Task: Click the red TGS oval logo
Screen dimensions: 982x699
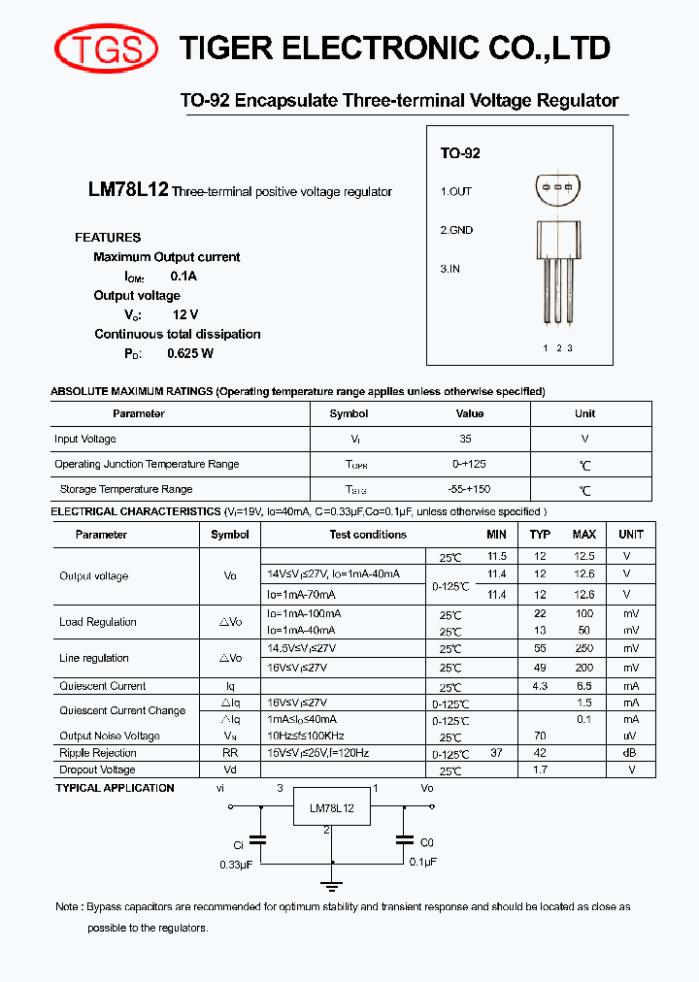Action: pos(107,48)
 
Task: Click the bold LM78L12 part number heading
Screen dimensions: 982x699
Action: pos(128,191)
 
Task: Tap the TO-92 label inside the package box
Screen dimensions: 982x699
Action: pos(460,153)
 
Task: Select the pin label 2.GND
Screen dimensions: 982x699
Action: pos(456,230)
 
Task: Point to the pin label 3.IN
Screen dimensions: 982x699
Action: pos(450,269)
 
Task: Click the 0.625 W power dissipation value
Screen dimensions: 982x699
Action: pos(190,353)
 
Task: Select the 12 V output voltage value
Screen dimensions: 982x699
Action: pos(185,314)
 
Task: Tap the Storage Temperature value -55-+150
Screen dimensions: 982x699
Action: pos(470,489)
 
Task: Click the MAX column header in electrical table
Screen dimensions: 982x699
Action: pos(584,535)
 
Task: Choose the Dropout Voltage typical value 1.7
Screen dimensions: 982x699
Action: pos(540,769)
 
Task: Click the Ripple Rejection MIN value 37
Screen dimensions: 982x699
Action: pos(497,753)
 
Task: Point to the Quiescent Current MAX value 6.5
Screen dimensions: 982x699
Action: pos(584,686)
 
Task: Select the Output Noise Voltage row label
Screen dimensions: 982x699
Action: pos(110,736)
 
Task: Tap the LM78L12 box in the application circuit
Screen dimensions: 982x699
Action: pos(332,807)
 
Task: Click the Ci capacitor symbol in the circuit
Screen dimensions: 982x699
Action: pos(257,839)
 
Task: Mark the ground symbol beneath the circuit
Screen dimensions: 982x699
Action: pos(332,883)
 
